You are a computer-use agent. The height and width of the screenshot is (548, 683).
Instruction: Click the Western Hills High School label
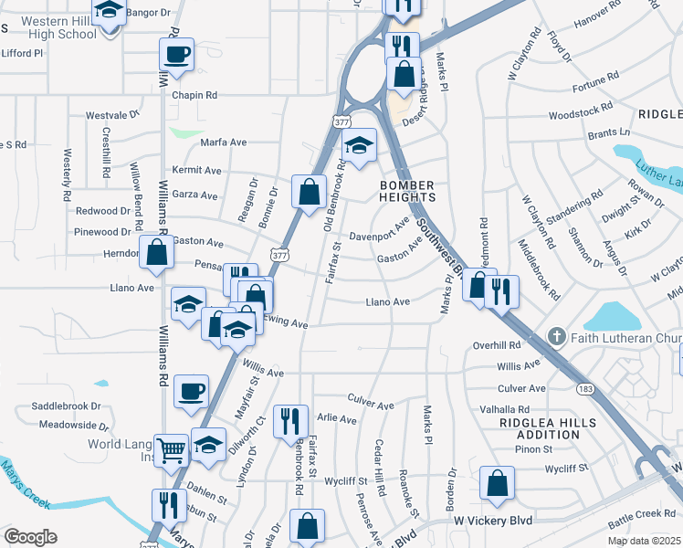click(x=57, y=27)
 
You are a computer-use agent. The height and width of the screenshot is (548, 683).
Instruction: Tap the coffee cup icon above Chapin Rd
click(x=176, y=53)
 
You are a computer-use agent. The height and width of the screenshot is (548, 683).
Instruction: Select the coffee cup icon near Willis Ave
click(x=191, y=392)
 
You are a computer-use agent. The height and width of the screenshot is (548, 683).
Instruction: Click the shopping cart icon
click(x=171, y=449)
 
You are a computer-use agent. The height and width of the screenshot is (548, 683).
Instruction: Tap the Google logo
click(x=30, y=537)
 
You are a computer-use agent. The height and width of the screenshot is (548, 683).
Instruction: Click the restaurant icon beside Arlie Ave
click(x=290, y=421)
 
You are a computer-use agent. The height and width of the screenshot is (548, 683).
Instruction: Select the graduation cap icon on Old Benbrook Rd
click(x=359, y=145)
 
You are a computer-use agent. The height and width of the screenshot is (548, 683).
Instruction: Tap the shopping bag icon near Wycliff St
click(x=497, y=483)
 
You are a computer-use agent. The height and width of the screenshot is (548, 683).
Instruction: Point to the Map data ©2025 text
click(x=644, y=541)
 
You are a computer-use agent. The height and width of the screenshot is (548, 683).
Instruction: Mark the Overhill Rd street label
click(x=497, y=345)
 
